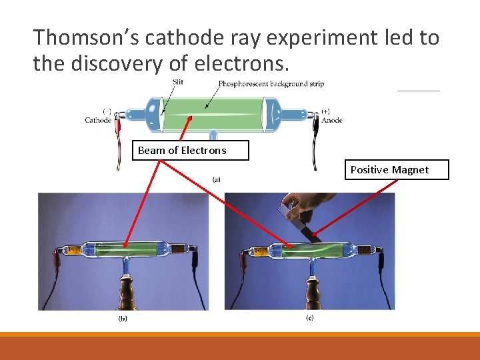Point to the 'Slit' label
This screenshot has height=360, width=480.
(178, 82)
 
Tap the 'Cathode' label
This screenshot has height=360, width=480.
(98, 120)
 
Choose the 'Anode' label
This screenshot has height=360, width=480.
(331, 120)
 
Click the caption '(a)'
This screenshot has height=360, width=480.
(217, 179)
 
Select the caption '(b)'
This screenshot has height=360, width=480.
(123, 319)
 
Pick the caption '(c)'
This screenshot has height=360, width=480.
(309, 318)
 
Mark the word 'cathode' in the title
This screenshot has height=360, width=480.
(179, 37)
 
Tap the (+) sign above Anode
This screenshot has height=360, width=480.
(325, 111)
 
